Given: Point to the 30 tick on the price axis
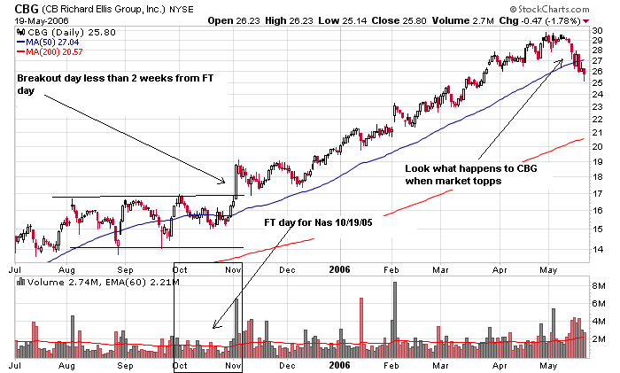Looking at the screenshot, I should pyautogui.click(x=598, y=30).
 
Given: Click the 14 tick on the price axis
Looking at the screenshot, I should pyautogui.click(x=598, y=250).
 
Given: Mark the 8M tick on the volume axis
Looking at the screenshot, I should pyautogui.click(x=599, y=285).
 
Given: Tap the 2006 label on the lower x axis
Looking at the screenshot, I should pyautogui.click(x=341, y=364).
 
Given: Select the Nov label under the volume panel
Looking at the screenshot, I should pyautogui.click(x=234, y=364).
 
